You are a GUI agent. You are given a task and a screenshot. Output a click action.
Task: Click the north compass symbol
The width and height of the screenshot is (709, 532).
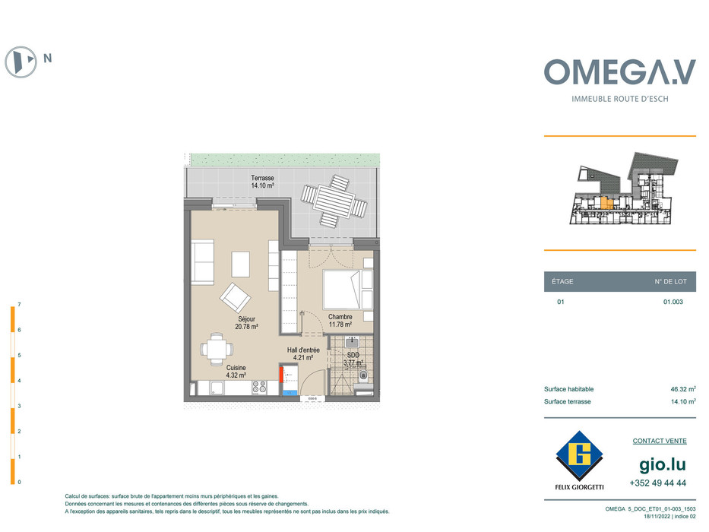pyautogui.click(x=21, y=62)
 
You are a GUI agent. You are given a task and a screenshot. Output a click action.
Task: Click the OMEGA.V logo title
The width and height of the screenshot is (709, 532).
pyautogui.click(x=619, y=72)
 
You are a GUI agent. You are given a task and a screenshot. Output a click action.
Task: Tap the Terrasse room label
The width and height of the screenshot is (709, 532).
pyautogui.click(x=262, y=179)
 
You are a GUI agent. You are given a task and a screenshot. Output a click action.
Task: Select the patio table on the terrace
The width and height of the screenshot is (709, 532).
pyautogui.click(x=334, y=201)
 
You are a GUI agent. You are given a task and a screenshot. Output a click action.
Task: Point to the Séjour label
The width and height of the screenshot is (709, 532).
pyautogui.click(x=246, y=319)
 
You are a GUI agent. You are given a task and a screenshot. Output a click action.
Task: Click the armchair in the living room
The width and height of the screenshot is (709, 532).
pyautogui.click(x=235, y=297)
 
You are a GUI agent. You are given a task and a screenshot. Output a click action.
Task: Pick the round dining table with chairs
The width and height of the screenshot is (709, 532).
pyautogui.click(x=217, y=350)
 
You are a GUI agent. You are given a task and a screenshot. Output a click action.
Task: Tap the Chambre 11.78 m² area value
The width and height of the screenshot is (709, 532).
pyautogui.click(x=340, y=325)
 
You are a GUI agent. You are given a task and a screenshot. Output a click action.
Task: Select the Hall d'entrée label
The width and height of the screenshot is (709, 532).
pyautogui.click(x=303, y=350)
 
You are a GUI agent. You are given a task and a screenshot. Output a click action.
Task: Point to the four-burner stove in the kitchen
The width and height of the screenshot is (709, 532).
pyautogui.click(x=259, y=387)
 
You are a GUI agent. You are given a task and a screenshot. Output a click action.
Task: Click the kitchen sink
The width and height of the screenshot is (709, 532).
pyautogui.click(x=217, y=388)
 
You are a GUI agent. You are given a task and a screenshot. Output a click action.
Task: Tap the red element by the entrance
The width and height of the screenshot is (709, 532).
pyautogui.click(x=281, y=375)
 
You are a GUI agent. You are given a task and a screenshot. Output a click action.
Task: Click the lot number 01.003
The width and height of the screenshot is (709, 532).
pyautogui.click(x=673, y=302)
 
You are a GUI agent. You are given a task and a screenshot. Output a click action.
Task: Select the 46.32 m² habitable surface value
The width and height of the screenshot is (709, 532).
pyautogui.click(x=683, y=389)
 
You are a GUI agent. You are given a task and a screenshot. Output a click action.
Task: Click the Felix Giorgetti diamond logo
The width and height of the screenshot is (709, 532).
pyautogui.click(x=579, y=455)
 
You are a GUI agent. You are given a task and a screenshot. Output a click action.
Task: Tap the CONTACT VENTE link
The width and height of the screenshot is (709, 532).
pyautogui.click(x=660, y=441)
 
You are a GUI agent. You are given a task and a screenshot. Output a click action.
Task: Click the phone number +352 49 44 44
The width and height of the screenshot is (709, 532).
pyautogui.click(x=658, y=483)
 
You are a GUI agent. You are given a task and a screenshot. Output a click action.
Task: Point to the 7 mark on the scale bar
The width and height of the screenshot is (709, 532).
pyautogui.click(x=19, y=305)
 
